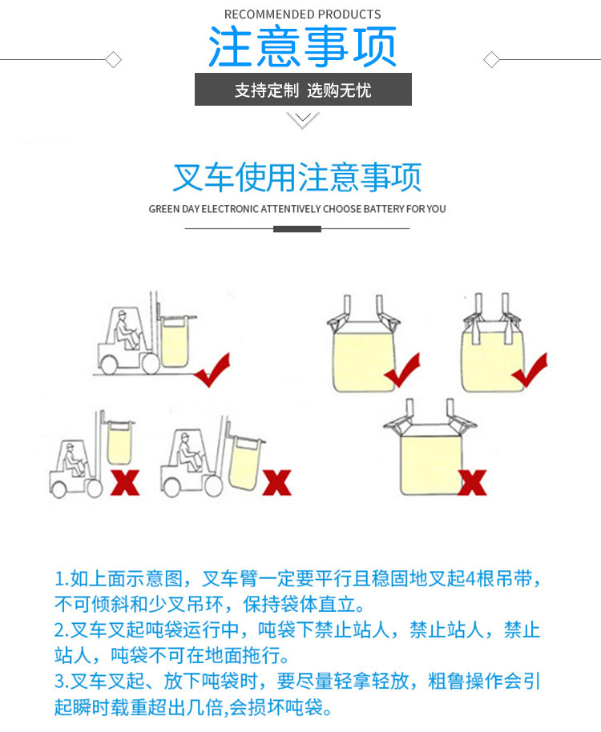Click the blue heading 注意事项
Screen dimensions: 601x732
tap(302, 46)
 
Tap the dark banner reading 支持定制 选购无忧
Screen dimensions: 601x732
tap(303, 89)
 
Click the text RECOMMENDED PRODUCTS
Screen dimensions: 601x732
tap(303, 14)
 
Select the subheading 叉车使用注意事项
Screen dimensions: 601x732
tap(297, 177)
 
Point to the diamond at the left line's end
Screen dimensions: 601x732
tap(114, 60)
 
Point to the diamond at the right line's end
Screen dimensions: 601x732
tap(491, 60)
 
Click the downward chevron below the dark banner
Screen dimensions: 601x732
tap(303, 120)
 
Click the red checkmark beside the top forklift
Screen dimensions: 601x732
tap(213, 370)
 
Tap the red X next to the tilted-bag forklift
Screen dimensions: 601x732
tap(276, 482)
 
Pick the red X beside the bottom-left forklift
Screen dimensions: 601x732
tap(125, 482)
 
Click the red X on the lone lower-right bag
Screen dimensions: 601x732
tap(472, 482)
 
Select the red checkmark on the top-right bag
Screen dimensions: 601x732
tap(530, 370)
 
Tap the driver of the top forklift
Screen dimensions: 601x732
tap(126, 330)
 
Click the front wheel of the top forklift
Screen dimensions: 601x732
tap(151, 364)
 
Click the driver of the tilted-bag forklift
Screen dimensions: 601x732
tap(188, 452)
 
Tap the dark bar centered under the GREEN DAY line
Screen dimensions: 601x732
tap(297, 229)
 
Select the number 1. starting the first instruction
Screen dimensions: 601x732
tap(63, 579)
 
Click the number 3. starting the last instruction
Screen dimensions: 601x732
tap(63, 682)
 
